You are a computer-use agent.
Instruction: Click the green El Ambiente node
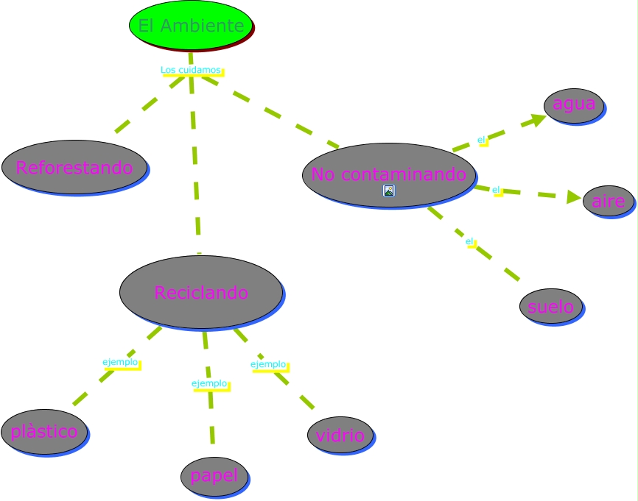(191, 26)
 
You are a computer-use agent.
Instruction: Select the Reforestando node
(74, 167)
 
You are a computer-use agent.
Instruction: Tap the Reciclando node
(201, 292)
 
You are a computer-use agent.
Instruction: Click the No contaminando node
(388, 174)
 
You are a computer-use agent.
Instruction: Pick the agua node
(574, 104)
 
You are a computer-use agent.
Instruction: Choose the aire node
(608, 201)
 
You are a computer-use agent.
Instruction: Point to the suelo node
(551, 306)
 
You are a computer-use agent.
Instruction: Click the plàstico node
(44, 431)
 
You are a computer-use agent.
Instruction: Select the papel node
(214, 475)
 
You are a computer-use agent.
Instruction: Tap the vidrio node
(340, 435)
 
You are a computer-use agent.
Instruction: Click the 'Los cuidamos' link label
(191, 70)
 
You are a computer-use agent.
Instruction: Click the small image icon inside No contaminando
(389, 191)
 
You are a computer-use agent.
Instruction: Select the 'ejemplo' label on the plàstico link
(120, 362)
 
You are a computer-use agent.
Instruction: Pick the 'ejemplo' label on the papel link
(209, 383)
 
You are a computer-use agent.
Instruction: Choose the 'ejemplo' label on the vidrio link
(268, 364)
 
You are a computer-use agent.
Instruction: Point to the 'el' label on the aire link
(496, 190)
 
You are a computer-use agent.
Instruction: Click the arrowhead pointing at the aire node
(574, 197)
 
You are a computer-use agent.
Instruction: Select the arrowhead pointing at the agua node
(539, 119)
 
